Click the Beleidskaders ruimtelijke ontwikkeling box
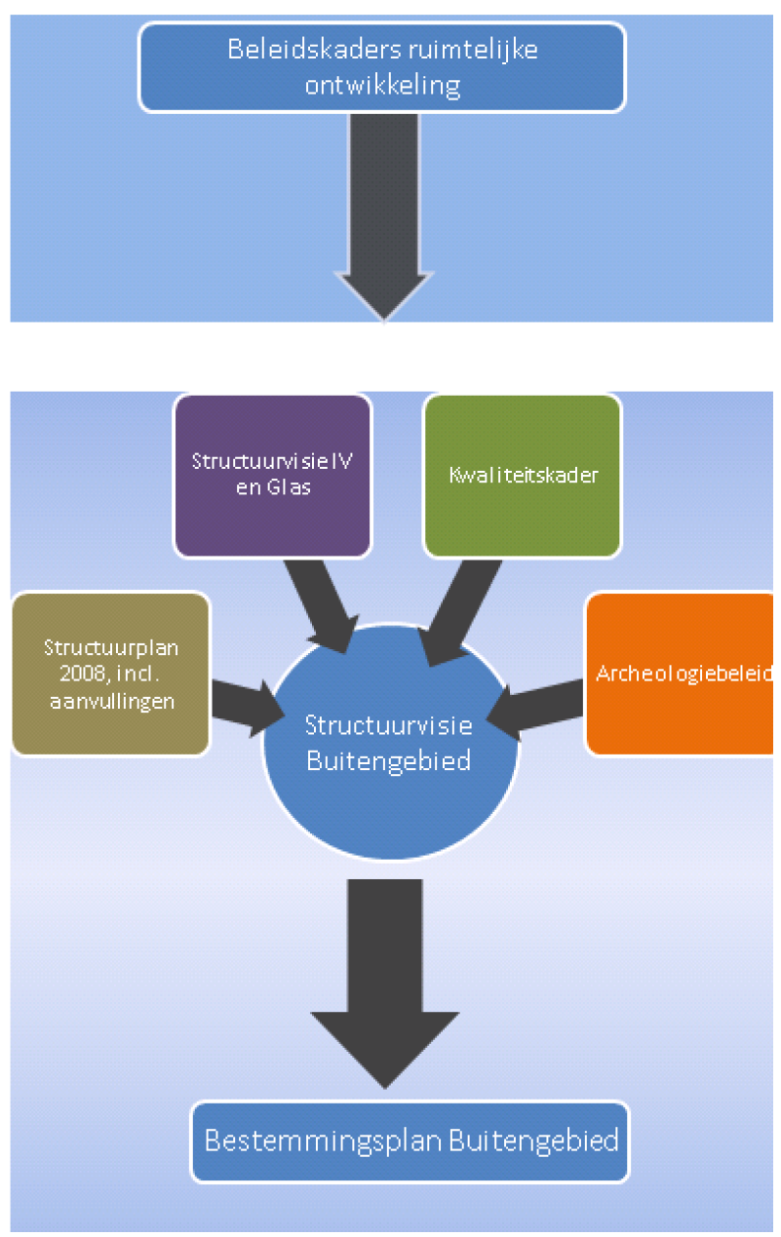click(x=381, y=67)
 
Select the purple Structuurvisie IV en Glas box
click(x=272, y=474)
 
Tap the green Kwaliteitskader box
click(x=522, y=475)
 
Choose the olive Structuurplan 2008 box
click(x=110, y=674)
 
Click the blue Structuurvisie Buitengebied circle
click(x=388, y=742)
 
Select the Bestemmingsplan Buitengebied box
click(x=410, y=1140)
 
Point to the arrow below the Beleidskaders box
click(x=384, y=214)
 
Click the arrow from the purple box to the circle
click(x=323, y=604)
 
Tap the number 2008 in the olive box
click(x=69, y=673)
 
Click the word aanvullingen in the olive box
click(x=110, y=699)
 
